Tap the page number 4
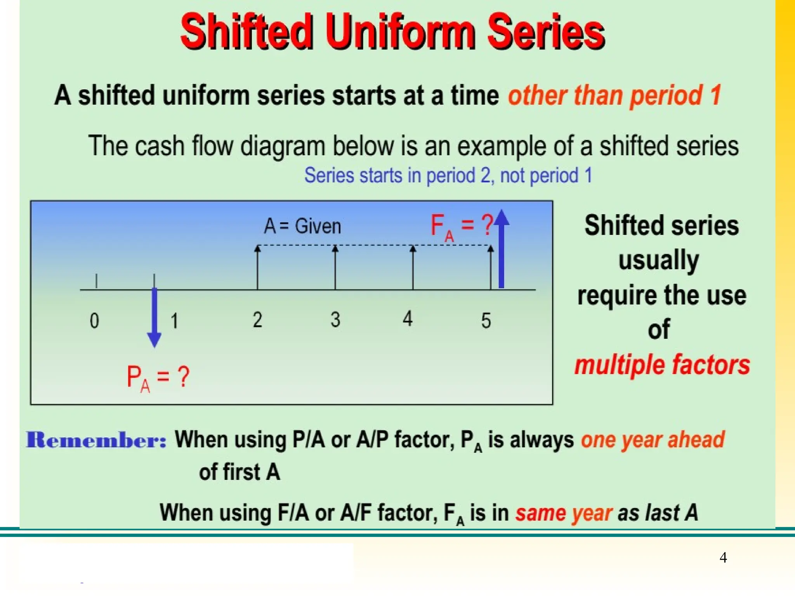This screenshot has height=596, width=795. (x=723, y=557)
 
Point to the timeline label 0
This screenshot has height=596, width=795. (x=94, y=321)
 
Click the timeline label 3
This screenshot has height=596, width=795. (x=335, y=320)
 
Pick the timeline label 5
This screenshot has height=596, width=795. (x=486, y=321)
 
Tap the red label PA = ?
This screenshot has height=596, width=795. (x=158, y=378)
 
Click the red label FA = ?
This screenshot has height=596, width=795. (x=462, y=226)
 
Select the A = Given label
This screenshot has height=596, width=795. (x=302, y=226)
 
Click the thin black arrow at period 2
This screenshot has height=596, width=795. (x=257, y=268)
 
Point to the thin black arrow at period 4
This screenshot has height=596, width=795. (x=413, y=268)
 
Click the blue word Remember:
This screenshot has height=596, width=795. (x=96, y=440)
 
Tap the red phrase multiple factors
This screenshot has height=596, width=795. (x=662, y=365)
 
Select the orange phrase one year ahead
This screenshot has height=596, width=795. (x=653, y=440)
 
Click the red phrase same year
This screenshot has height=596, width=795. (x=564, y=513)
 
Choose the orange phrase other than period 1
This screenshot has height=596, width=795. (x=615, y=95)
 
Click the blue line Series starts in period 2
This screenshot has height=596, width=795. (x=448, y=175)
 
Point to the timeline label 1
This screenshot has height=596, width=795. (x=175, y=321)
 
